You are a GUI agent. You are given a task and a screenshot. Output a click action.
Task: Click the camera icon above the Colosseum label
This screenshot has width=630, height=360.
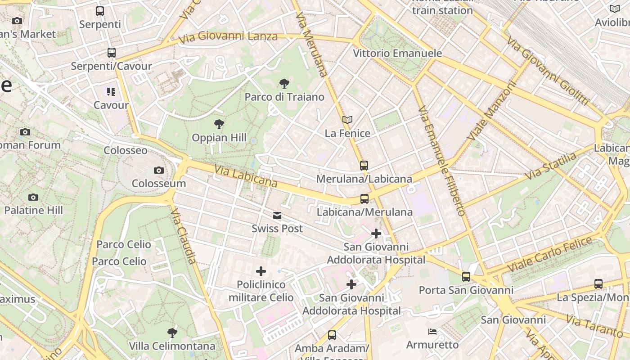pos(158,170)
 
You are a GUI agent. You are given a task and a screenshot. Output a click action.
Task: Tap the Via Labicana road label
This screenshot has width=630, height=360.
pos(245,176)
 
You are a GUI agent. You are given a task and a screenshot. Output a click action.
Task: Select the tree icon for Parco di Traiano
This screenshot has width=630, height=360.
pos(284,83)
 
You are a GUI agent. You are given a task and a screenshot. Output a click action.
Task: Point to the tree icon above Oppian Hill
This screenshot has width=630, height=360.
pos(219,124)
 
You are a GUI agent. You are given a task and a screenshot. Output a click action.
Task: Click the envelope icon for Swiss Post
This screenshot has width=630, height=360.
pos(277,216)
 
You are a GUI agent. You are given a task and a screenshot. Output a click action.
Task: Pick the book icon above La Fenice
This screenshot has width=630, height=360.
pos(347,120)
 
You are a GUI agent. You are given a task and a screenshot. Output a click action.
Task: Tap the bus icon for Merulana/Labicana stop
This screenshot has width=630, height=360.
pos(364,165)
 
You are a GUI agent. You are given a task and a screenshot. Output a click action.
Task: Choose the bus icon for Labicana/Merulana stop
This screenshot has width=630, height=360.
pos(364,198)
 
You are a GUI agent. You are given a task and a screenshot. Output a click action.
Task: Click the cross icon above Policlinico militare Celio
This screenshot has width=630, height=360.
pos(261,271)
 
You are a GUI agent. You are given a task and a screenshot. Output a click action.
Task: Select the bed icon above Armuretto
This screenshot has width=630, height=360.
pos(432,332)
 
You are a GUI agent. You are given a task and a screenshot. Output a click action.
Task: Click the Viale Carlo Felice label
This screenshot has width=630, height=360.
pos(549,254)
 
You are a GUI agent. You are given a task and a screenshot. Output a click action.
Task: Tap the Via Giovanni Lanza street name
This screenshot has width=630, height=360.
pos(228,37)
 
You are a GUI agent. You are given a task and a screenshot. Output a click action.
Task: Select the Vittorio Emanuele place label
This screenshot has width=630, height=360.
pos(397,53)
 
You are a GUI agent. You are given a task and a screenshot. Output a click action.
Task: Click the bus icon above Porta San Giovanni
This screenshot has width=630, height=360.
pos(466,276)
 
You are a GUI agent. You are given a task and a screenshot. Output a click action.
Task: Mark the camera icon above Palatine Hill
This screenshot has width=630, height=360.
pos(33,197)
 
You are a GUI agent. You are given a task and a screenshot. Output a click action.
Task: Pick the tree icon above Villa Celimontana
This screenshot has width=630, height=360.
pos(172,333)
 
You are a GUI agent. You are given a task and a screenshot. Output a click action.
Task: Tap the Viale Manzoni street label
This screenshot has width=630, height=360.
pos(491,110)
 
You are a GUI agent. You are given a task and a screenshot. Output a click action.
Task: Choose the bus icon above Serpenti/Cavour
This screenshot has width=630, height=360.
pos(112,53)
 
